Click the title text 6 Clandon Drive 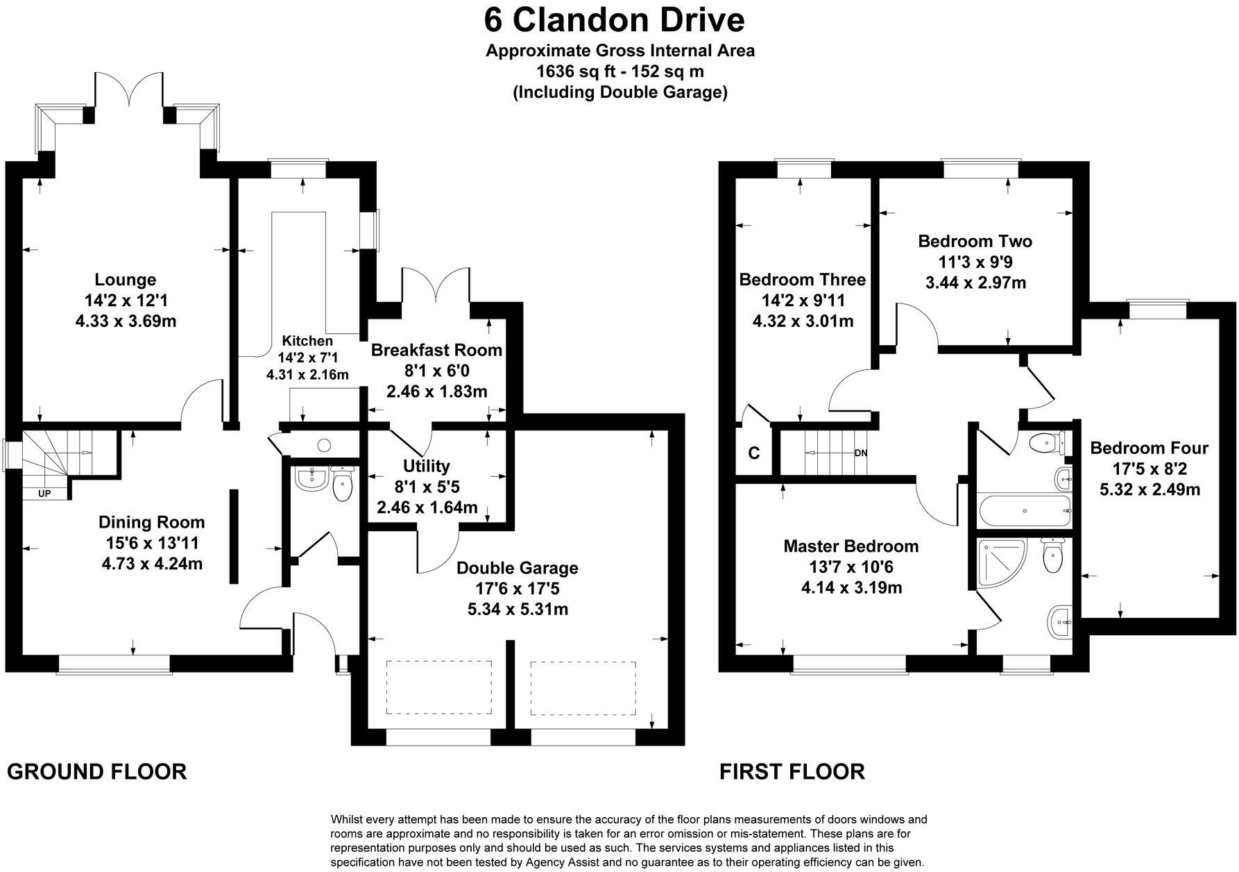click(614, 19)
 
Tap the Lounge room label click(126, 280)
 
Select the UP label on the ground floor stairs click(44, 494)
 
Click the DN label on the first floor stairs click(860, 453)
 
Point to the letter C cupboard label click(754, 453)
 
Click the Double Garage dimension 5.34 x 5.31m click(518, 610)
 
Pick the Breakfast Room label click(436, 350)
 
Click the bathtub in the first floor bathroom click(1024, 511)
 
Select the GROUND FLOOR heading click(97, 771)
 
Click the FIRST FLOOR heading click(792, 771)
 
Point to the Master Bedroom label click(851, 546)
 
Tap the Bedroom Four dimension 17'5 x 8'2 click(1149, 469)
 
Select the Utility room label click(426, 466)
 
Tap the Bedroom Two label click(975, 242)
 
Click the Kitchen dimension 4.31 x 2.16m click(307, 374)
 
